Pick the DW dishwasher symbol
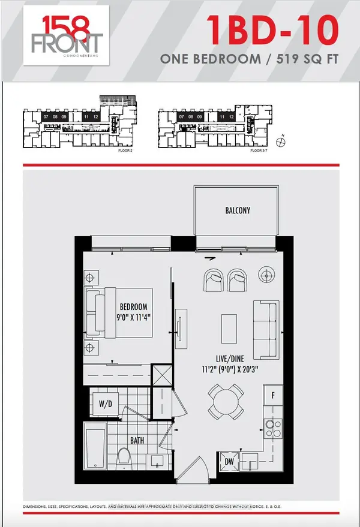click(x=229, y=462)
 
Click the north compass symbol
click(x=280, y=142)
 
